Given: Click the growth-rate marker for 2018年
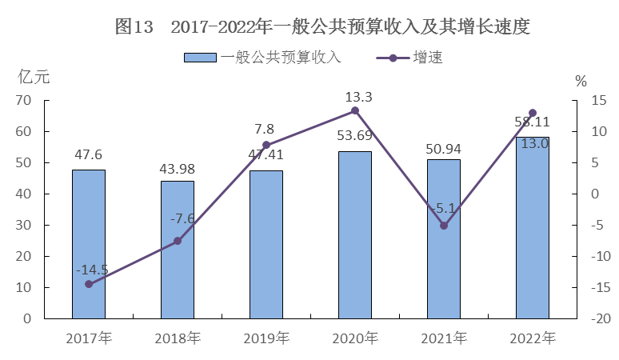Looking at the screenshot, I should click(178, 241).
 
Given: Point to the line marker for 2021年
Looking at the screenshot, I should click(443, 226).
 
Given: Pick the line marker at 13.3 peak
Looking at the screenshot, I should click(354, 110).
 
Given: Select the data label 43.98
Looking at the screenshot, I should click(178, 169).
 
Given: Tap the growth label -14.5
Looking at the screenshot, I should click(92, 270).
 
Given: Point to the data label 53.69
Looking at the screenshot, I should click(354, 135).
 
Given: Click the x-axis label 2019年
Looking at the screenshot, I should click(266, 338).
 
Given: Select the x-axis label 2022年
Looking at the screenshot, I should click(532, 338).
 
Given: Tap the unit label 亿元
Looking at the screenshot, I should click(34, 78).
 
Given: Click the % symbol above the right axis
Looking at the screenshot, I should click(581, 80).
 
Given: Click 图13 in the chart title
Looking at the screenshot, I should click(134, 26).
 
